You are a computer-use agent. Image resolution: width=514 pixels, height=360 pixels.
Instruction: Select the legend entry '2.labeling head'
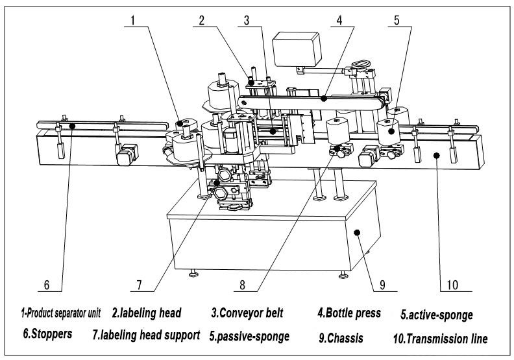[146, 313]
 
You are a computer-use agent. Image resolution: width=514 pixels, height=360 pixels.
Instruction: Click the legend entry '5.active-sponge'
[436, 315]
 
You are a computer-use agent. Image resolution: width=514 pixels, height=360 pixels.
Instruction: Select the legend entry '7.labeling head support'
[145, 337]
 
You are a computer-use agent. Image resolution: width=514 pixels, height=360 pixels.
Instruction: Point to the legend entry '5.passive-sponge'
[250, 337]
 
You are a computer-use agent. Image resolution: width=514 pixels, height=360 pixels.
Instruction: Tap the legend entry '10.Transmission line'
[439, 338]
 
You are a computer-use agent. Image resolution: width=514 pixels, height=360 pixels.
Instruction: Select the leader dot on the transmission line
[436, 155]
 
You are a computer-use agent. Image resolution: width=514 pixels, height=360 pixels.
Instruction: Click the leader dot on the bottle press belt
[323, 99]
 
